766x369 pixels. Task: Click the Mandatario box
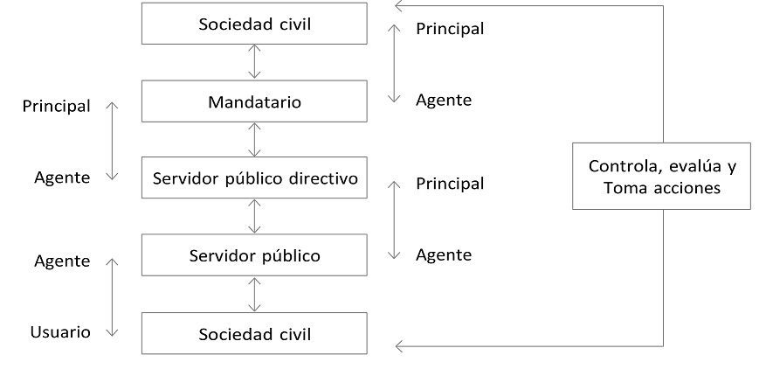[x=254, y=102]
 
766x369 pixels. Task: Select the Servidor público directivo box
[x=254, y=179]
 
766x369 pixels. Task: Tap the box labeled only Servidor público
[x=254, y=256]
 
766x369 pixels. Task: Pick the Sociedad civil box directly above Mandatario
[x=254, y=24]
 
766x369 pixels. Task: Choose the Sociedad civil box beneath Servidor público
[x=254, y=333]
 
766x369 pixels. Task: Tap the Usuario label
[x=60, y=332]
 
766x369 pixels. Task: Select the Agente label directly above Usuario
[x=62, y=261]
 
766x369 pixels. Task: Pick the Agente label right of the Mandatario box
[x=444, y=100]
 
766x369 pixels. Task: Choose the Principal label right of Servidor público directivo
[x=450, y=184]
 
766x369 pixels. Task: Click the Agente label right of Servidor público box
[x=444, y=254]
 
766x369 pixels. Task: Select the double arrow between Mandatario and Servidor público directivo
[x=254, y=140]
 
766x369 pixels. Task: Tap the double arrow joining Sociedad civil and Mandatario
[x=254, y=62]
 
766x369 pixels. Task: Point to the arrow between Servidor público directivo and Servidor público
[x=254, y=217]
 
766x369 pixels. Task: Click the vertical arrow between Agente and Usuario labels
[x=111, y=296]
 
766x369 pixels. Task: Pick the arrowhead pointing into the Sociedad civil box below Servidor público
[x=401, y=347]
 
